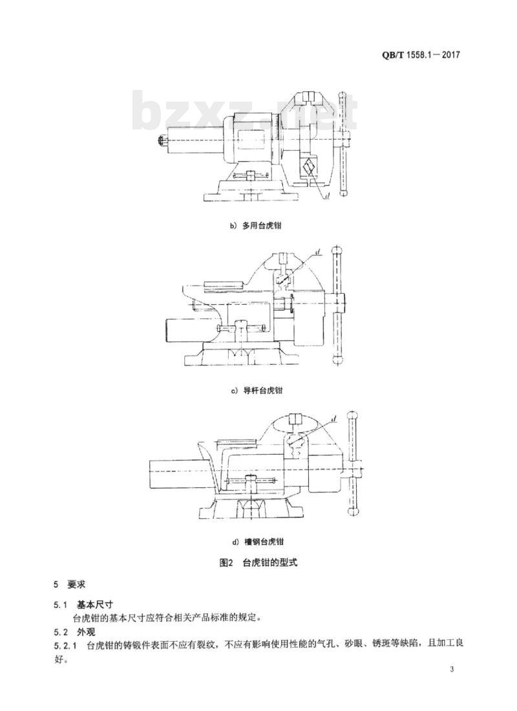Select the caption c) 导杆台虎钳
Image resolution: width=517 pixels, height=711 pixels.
click(x=257, y=390)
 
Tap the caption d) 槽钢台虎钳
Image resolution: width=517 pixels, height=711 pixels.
click(x=257, y=541)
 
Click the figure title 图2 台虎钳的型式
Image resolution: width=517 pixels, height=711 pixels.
click(x=258, y=563)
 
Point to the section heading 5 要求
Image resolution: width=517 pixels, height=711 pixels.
click(x=70, y=584)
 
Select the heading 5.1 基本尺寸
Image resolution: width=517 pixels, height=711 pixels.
click(x=83, y=604)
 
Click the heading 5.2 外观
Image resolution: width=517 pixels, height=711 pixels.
click(x=74, y=632)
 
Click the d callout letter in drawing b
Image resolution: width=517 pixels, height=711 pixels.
click(x=328, y=195)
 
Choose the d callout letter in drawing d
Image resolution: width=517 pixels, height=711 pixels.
click(x=333, y=419)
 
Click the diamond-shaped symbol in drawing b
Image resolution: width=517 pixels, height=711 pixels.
click(x=310, y=168)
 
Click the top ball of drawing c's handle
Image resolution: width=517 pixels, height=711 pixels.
click(x=337, y=251)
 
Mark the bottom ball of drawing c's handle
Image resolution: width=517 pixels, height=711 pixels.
click(x=337, y=360)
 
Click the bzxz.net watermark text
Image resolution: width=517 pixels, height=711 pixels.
click(x=245, y=111)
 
